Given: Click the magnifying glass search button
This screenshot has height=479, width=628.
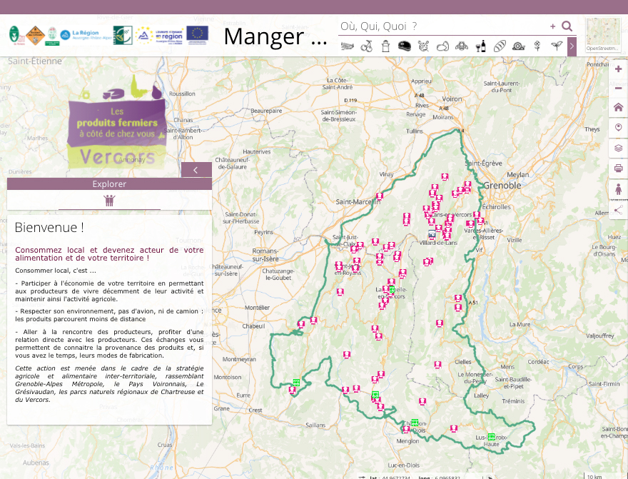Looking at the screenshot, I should click(x=567, y=26).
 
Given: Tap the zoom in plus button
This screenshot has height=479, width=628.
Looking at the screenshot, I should click(x=618, y=69).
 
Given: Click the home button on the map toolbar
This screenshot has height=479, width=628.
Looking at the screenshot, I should click(x=618, y=107).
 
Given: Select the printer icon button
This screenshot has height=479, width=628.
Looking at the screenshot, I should click(x=618, y=168).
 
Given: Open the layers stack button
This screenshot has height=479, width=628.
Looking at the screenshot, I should click(x=618, y=148).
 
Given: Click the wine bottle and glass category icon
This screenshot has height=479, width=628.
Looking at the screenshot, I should click(x=481, y=46).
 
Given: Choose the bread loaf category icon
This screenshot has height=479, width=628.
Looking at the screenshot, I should click(x=500, y=46).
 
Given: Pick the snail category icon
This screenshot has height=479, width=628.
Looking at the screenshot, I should click(x=518, y=46).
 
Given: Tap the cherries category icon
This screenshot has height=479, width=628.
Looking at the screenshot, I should click(x=367, y=46).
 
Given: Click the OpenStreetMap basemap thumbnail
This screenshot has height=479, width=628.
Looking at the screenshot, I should click(x=602, y=35).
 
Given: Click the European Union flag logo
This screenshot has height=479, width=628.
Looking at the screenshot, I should click(x=198, y=34).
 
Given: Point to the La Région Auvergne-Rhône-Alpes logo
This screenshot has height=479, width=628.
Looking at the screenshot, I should click(x=86, y=34).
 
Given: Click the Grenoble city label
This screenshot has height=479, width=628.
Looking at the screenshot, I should click(x=497, y=186).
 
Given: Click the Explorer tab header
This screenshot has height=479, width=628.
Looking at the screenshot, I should click(x=109, y=184).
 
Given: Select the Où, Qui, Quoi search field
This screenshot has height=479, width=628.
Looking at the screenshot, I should click(x=442, y=26).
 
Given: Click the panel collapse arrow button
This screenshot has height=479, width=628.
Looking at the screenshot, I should click(x=196, y=170).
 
